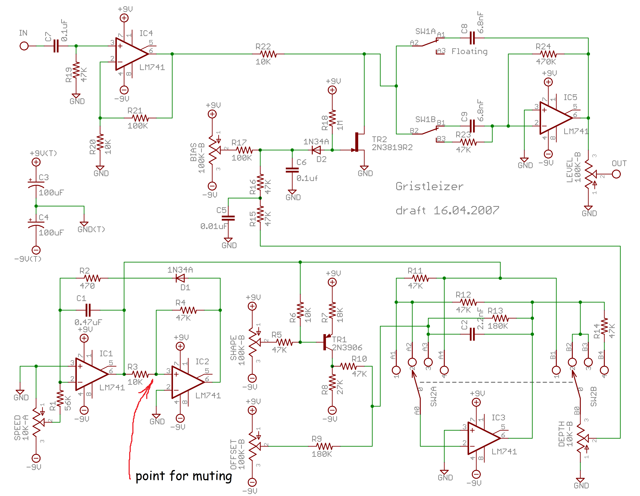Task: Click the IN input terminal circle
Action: [x=24, y=46]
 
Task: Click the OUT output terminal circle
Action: [x=616, y=174]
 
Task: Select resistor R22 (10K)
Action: [x=268, y=54]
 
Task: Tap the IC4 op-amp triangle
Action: [x=130, y=54]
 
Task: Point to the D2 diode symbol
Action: [x=316, y=150]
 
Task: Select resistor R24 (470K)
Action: [x=548, y=54]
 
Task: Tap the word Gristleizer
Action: [x=429, y=186]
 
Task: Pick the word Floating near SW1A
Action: [x=469, y=52]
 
